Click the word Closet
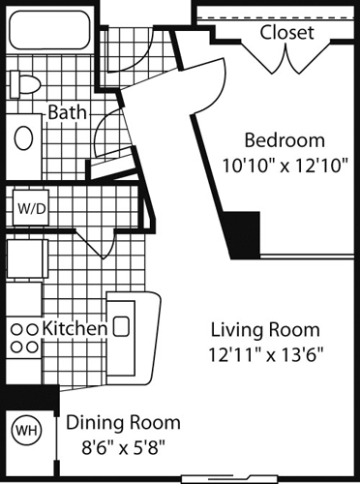point(286,32)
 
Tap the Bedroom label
point(283,137)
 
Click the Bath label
point(68,112)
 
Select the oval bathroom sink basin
point(23,136)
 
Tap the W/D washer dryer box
point(27,206)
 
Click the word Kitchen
point(74,328)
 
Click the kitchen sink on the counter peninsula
point(122,325)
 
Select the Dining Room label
point(123,422)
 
